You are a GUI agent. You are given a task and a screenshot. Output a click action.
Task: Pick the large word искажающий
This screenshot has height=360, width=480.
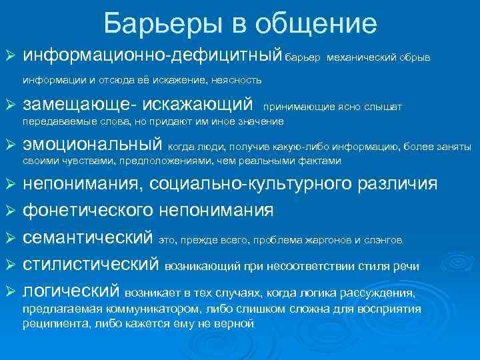click(x=204, y=105)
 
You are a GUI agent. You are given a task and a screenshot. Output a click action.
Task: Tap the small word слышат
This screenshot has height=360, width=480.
click(x=385, y=106)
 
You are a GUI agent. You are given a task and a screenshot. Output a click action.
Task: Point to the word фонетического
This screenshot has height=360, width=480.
click(x=89, y=211)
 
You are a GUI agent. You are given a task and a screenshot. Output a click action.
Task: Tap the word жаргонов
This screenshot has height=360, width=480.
click(x=331, y=240)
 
